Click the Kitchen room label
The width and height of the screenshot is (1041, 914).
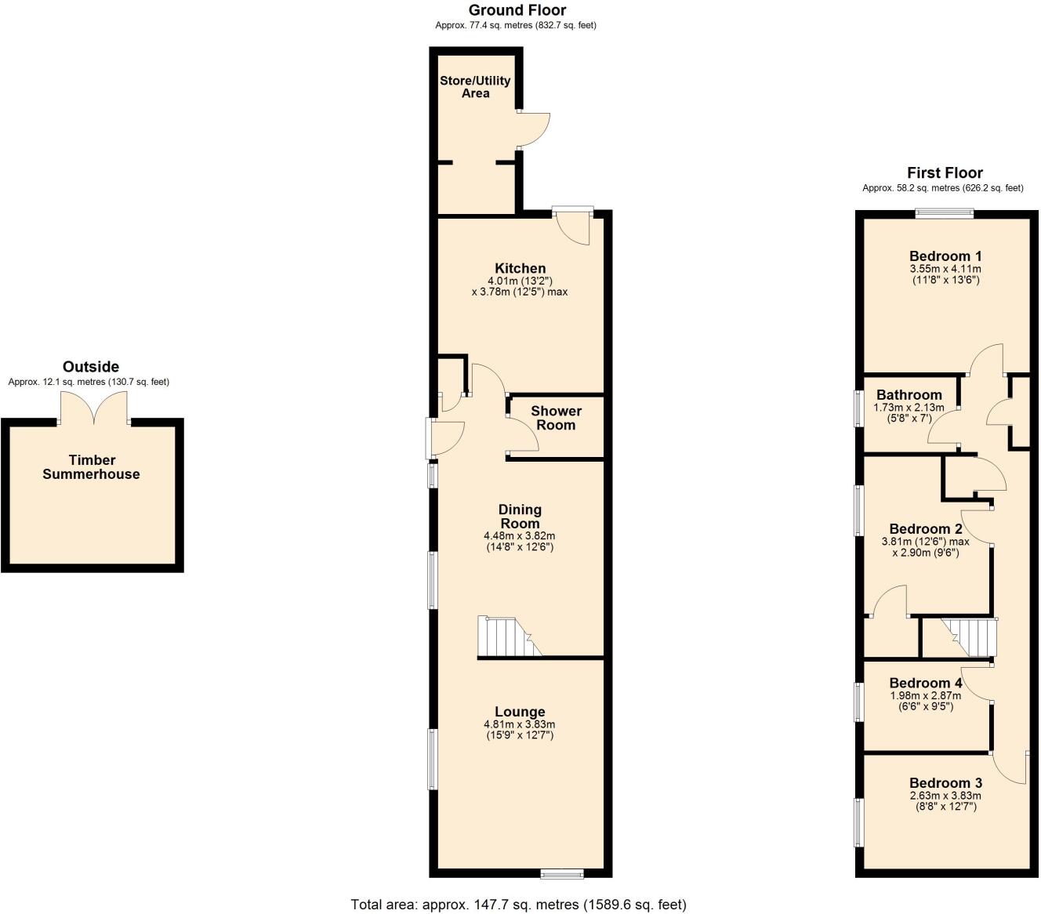pos(520,268)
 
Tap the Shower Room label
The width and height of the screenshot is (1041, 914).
pos(556,418)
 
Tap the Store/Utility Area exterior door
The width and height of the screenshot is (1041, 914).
pos(534,130)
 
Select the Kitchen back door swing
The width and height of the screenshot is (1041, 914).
pos(572,228)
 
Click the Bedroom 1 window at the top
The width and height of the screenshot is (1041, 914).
pos(945,212)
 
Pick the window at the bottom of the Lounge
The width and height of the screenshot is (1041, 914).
pos(562,873)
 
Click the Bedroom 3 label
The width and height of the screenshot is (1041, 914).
pos(945,782)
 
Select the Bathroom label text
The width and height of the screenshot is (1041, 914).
pos(909,394)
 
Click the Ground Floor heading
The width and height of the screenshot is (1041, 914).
pos(517,10)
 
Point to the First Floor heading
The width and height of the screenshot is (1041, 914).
pos(945,173)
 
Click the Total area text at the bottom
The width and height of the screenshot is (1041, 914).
pos(518,904)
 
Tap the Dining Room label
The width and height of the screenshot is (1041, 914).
pos(520,517)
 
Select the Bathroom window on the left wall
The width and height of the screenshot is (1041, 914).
pos(859,408)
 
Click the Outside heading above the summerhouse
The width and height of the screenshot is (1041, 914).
pos(91,366)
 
